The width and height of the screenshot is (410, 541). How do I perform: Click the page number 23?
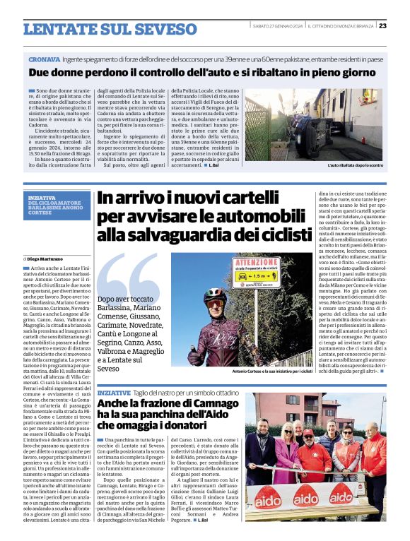click(402, 26)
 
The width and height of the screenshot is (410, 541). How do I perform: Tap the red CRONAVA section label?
click(44, 59)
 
